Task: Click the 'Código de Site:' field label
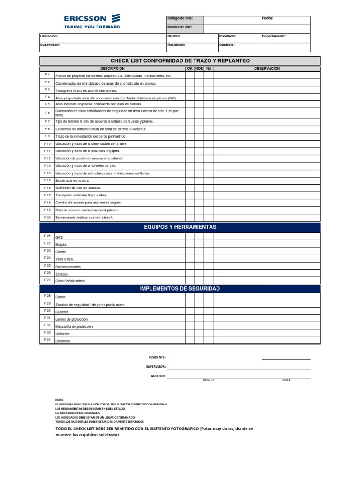(180, 19)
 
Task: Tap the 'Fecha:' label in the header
(268, 19)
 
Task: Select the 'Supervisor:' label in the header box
(50, 45)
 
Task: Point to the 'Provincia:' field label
(227, 36)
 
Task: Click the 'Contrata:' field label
(227, 45)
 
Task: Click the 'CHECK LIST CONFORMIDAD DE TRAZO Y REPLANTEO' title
(180, 60)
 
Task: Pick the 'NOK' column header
(199, 69)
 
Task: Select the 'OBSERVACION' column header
(267, 69)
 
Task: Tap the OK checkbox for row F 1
(190, 75)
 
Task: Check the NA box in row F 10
(209, 143)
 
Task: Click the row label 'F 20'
(47, 217)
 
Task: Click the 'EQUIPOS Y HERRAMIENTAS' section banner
(180, 227)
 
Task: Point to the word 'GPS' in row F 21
(59, 238)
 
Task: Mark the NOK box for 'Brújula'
(199, 244)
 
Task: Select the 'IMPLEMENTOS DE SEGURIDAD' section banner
(180, 288)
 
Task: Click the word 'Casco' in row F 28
(60, 297)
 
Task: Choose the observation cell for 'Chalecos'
(267, 340)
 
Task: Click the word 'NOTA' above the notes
(59, 400)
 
